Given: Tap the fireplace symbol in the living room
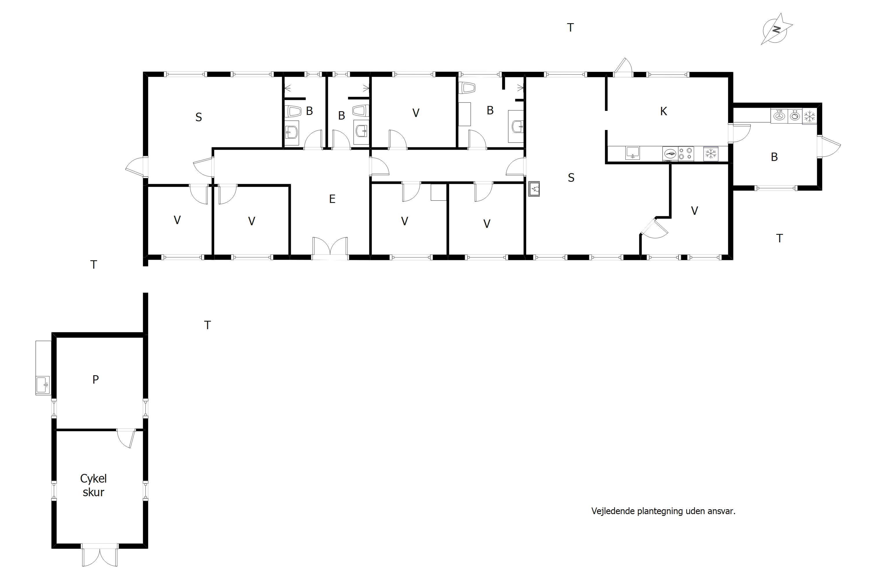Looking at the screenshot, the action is (x=534, y=189).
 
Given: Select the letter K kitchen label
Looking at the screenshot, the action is (x=664, y=111).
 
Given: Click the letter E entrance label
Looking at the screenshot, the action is (x=332, y=199).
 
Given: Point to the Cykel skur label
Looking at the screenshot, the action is (x=94, y=485).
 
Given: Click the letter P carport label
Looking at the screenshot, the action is (x=95, y=379).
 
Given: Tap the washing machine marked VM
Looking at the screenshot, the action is (x=779, y=116).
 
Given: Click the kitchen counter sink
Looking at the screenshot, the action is (x=633, y=153).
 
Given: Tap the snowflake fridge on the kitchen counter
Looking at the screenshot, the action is (x=711, y=154).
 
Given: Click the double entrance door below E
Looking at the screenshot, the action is (x=330, y=248).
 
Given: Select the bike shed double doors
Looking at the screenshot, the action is (x=100, y=555).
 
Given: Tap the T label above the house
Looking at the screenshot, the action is (x=570, y=27).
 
